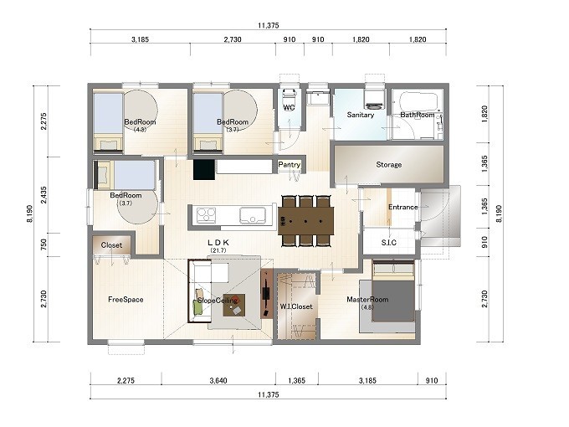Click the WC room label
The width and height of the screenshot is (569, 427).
[x=289, y=107]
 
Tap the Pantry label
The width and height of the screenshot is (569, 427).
[x=290, y=164]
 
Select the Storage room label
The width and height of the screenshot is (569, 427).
[x=388, y=164]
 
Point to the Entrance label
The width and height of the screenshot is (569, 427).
[x=402, y=207]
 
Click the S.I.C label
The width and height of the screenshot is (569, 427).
[x=388, y=242]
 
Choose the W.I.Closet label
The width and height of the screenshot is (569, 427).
[x=296, y=306]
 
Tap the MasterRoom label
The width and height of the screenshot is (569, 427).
[x=367, y=300]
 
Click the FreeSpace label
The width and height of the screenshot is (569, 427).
[x=126, y=300]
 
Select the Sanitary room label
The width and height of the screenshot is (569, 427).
[x=360, y=115]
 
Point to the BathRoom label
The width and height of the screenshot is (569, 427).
[x=417, y=115]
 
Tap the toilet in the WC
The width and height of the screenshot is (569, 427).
[x=289, y=96]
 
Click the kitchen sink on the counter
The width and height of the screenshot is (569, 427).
[x=253, y=215]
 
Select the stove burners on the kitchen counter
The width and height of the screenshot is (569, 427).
[x=206, y=215]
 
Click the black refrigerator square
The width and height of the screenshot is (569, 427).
[x=203, y=170]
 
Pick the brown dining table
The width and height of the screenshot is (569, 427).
[x=305, y=221]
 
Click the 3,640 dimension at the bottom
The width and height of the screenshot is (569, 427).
[x=218, y=380]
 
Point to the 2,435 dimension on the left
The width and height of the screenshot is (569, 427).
[x=44, y=195]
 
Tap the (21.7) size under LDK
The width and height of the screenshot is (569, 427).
[x=218, y=250]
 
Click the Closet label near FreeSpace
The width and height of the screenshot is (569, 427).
[x=111, y=245]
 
